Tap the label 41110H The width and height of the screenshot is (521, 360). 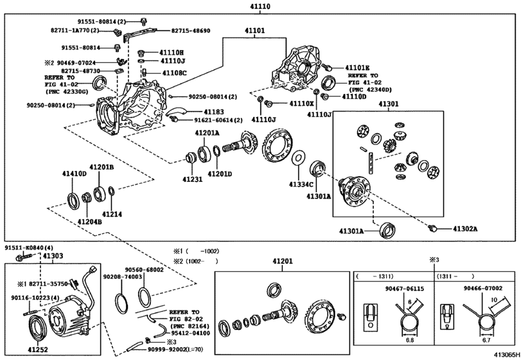[x=172, y=53]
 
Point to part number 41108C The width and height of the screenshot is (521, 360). [x=174, y=73]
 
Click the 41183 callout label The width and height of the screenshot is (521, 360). [x=196, y=112]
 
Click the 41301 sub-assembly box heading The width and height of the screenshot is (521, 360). [x=387, y=104]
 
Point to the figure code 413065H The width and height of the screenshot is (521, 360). [x=504, y=354]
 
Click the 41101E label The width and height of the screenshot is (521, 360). [x=357, y=67]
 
